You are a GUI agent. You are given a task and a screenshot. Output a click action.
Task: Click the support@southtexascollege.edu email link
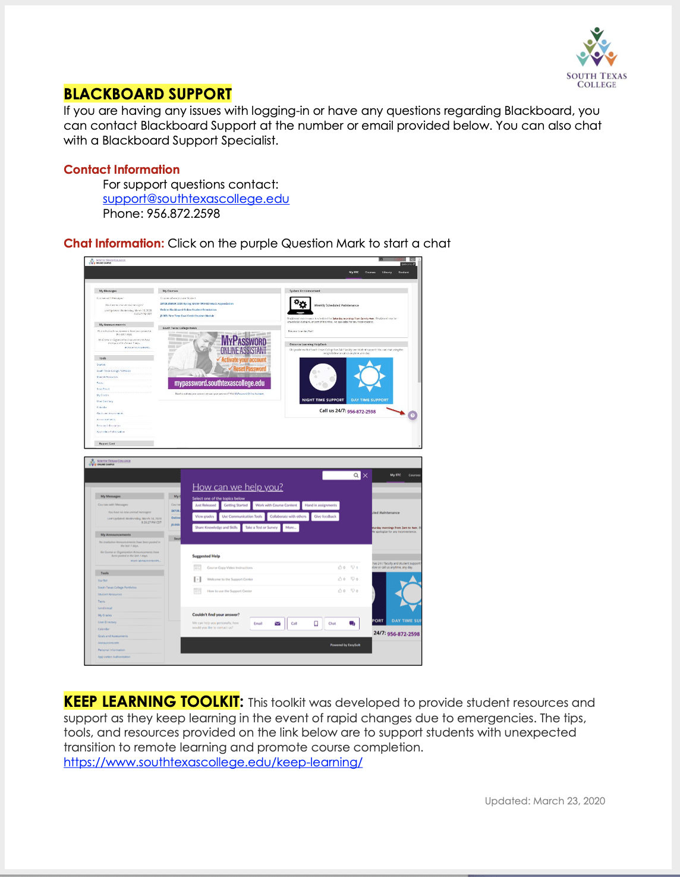click(x=196, y=199)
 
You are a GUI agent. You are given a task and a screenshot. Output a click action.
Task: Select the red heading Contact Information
click(x=121, y=170)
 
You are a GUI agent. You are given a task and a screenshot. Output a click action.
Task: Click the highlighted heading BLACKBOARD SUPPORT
click(x=147, y=94)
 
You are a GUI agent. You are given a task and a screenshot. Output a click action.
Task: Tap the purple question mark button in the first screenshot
click(x=413, y=415)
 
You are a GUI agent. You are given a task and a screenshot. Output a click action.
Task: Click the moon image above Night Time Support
click(x=323, y=377)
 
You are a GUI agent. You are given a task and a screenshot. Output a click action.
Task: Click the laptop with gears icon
click(x=300, y=305)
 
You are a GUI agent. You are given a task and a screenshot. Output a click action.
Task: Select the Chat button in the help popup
click(x=342, y=624)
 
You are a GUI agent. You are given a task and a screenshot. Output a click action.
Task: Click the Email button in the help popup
click(x=267, y=624)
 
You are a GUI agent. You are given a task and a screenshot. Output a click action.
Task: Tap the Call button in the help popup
click(x=304, y=624)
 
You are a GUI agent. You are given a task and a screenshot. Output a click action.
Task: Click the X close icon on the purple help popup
click(x=365, y=475)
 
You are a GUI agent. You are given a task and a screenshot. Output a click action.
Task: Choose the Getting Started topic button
click(x=235, y=505)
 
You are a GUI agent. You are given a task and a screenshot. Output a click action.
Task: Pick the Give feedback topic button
click(x=325, y=516)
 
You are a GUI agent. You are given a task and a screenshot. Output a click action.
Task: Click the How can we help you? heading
click(x=237, y=487)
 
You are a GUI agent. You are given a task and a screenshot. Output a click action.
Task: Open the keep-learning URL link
click(x=213, y=762)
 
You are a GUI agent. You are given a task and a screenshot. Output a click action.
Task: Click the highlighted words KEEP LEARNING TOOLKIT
click(x=152, y=701)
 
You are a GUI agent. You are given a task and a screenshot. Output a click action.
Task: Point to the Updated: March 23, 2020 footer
click(x=544, y=801)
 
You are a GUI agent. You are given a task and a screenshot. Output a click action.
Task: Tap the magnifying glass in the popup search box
click(x=356, y=475)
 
